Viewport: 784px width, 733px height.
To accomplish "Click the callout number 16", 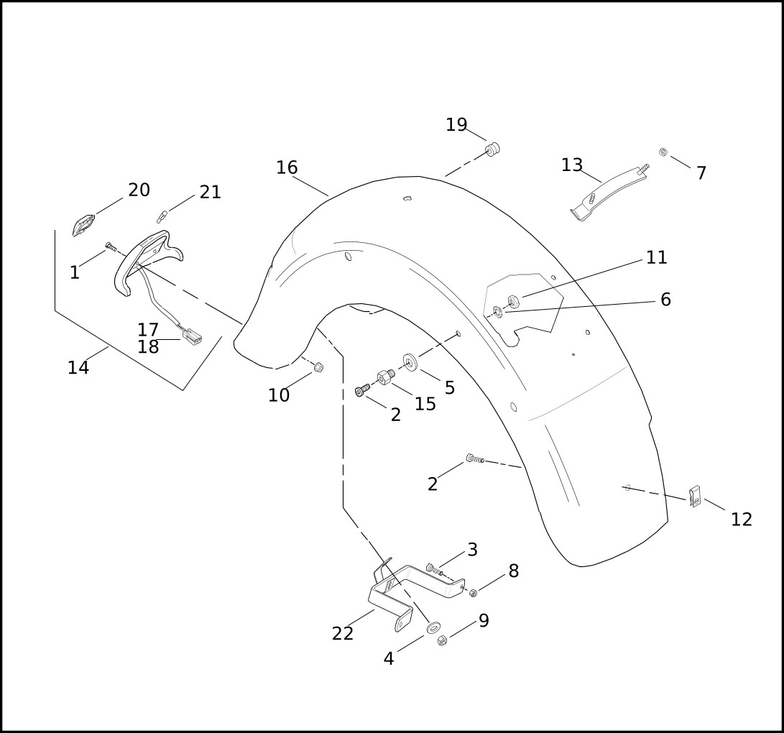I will pos(287,168).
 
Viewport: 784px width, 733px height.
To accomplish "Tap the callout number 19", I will pos(456,125).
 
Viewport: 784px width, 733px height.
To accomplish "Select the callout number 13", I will pos(572,165).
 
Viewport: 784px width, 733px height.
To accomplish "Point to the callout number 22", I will pos(343,634).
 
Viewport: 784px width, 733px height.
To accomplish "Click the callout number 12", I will pos(742,520).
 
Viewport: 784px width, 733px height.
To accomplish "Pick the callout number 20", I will pos(139,190).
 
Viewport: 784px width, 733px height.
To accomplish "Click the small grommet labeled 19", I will pos(492,149).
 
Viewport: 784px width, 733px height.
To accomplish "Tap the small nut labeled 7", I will pos(663,152).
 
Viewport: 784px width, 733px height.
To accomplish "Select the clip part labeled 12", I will pos(695,496).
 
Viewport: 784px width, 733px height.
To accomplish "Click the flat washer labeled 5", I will pos(410,359).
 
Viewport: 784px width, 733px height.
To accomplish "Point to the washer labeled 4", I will pos(433,628).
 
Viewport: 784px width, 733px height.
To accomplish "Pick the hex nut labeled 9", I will pos(442,640).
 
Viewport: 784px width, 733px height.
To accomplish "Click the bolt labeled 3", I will pos(432,569).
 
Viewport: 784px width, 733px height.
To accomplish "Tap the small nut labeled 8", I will pos(474,593).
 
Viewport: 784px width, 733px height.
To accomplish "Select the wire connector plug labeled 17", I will pos(193,336).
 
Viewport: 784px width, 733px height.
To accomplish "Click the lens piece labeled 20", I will pos(83,225).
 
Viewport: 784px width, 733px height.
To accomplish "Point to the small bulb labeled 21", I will pos(162,215).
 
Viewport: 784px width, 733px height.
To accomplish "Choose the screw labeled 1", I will pos(111,247).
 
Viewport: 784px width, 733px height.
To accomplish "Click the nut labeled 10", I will pos(318,368).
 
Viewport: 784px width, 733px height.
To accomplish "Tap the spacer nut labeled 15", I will pos(386,377).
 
